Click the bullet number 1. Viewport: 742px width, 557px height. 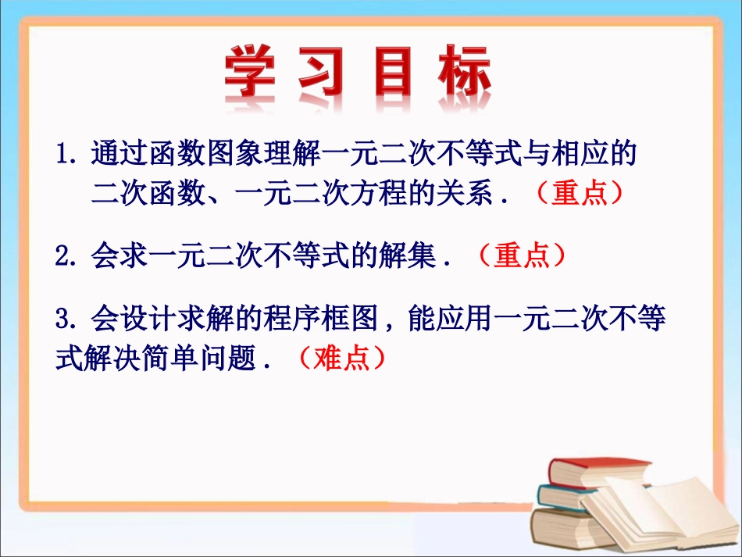(65, 152)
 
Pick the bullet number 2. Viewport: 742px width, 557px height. (64, 255)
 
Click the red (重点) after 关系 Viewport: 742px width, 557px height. (580, 193)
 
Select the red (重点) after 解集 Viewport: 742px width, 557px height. (521, 255)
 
